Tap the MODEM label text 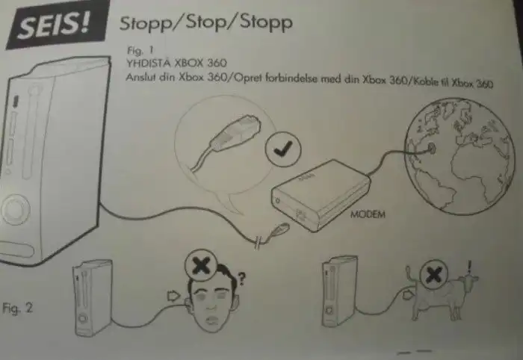pos(368,214)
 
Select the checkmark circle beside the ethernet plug pos(283,149)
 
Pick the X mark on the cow pos(433,275)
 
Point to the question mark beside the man pos(241,279)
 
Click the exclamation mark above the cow pos(470,267)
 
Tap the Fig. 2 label pos(18,308)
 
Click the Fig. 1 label pos(140,50)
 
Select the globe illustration pos(459,156)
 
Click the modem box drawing pos(321,196)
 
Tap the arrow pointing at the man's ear pos(173,296)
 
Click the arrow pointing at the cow pos(408,294)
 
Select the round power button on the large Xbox pos(15,209)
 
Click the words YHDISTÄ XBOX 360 pos(176,63)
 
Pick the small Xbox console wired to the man pos(93,298)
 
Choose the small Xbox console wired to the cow pos(339,291)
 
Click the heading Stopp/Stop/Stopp pos(206,22)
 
